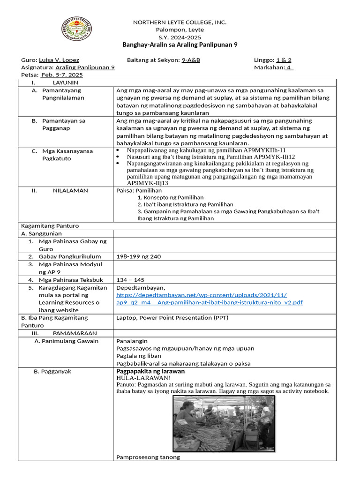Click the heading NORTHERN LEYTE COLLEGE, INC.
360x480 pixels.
tap(180, 22)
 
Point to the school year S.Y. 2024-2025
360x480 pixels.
tap(180, 37)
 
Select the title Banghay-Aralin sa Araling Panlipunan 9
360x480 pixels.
tap(180, 45)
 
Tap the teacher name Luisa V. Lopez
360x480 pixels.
tap(59, 60)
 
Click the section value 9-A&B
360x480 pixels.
tap(191, 60)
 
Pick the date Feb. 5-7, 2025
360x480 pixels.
tap(61, 75)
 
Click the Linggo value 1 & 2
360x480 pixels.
tap(284, 60)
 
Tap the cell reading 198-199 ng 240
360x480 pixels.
tap(138, 256)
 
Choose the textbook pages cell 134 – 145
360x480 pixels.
tap(130, 280)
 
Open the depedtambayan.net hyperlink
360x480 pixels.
tap(209, 299)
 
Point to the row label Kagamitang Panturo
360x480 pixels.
tap(50, 226)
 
